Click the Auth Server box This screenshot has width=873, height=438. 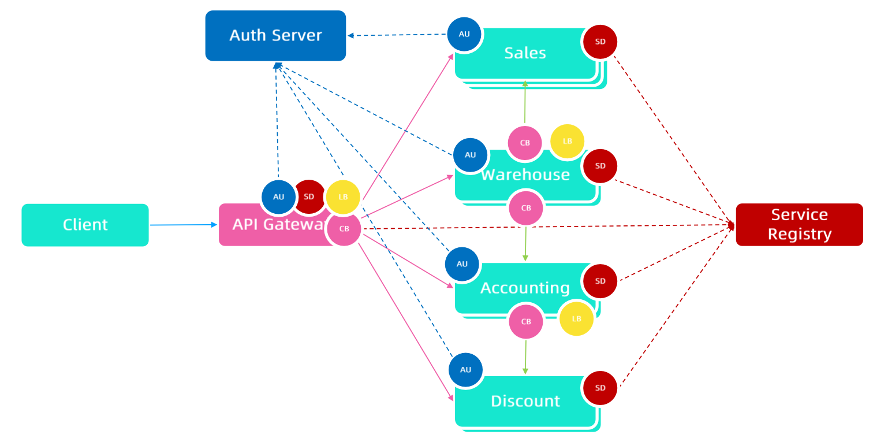pyautogui.click(x=275, y=35)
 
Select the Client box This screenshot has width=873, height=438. pyautogui.click(x=85, y=225)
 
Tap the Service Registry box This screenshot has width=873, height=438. pyautogui.click(x=799, y=224)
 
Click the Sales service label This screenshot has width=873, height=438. pyautogui.click(x=525, y=53)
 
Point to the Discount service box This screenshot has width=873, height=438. pyautogui.click(x=525, y=402)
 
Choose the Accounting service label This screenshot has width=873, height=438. pyautogui.click(x=525, y=288)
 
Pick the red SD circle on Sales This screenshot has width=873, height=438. pyautogui.click(x=600, y=42)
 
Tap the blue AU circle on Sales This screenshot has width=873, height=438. pyautogui.click(x=464, y=34)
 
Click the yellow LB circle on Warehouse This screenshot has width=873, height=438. pyautogui.click(x=567, y=142)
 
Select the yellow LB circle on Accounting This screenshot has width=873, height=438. pyautogui.click(x=576, y=318)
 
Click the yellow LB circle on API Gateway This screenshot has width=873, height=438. pyautogui.click(x=343, y=197)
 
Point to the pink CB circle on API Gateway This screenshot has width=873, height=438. pyautogui.click(x=344, y=229)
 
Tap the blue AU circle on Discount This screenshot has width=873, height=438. pyautogui.click(x=465, y=370)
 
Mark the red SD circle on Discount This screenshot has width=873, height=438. pyautogui.click(x=600, y=388)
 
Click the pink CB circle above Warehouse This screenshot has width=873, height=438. pyautogui.click(x=525, y=143)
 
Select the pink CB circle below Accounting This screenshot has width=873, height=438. pyautogui.click(x=526, y=321)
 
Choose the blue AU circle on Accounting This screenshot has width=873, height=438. pyautogui.click(x=462, y=264)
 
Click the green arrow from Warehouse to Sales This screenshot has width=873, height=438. pyautogui.click(x=525, y=102)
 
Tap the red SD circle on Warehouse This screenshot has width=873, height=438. pyautogui.click(x=600, y=166)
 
